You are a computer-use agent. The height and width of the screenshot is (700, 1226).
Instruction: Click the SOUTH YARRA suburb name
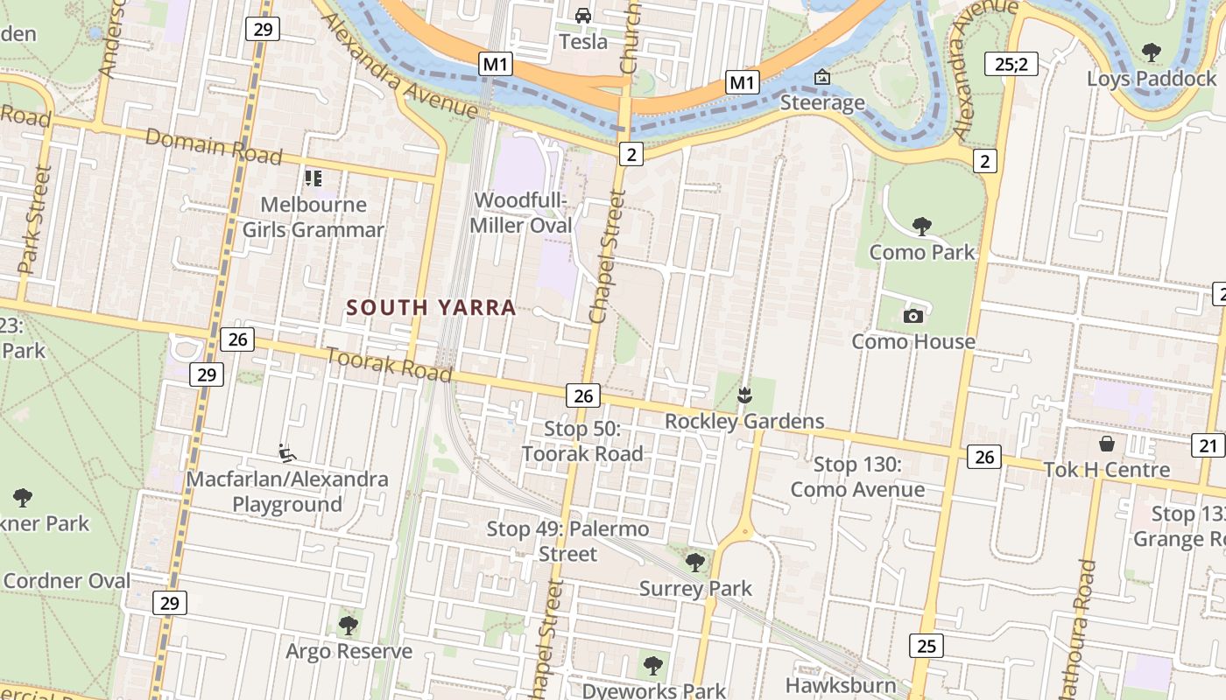(x=431, y=307)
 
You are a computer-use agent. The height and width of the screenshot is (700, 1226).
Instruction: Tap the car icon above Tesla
(x=583, y=15)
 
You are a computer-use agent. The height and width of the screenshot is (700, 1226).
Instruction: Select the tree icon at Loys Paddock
(x=1152, y=52)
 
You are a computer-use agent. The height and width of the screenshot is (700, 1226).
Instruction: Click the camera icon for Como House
(x=913, y=316)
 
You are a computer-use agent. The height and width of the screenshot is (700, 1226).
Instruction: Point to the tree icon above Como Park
(x=921, y=227)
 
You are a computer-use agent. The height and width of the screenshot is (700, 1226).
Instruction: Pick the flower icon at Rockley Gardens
(x=744, y=395)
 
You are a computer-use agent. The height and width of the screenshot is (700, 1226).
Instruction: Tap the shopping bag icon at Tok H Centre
(x=1107, y=443)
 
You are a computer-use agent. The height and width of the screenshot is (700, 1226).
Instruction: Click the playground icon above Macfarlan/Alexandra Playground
(x=286, y=453)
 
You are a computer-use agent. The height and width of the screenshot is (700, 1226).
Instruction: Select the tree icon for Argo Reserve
(x=349, y=625)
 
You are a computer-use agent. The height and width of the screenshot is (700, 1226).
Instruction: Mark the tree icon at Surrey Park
(x=695, y=562)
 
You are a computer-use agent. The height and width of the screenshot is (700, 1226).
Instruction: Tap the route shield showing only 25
(x=926, y=646)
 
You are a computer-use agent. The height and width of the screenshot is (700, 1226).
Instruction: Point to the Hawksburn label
(x=841, y=684)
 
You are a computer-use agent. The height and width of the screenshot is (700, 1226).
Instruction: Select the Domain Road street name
(x=214, y=147)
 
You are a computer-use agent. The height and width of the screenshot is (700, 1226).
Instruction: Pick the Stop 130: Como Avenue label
(x=857, y=477)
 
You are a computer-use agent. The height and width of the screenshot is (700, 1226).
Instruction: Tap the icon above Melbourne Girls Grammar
(x=314, y=178)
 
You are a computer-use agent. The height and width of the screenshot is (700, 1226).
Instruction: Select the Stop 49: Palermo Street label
(x=568, y=541)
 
